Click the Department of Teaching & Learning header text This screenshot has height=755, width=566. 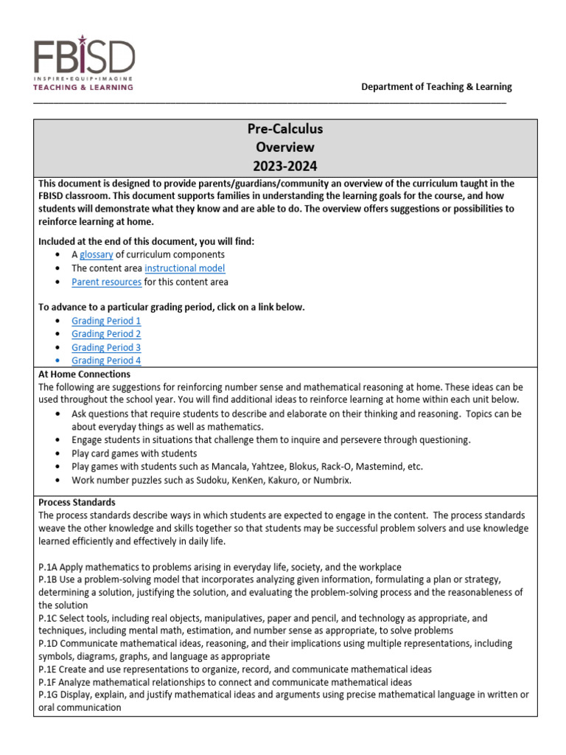(x=436, y=87)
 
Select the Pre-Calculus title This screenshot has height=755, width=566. (x=285, y=129)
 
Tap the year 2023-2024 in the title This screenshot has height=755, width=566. (x=285, y=166)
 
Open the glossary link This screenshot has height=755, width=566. (x=97, y=254)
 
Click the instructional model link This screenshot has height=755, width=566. (x=184, y=268)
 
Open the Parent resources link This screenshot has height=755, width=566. (x=106, y=282)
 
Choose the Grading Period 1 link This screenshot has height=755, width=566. (x=106, y=321)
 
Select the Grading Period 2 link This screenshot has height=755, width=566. (x=106, y=334)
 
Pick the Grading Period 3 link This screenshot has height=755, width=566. (x=106, y=347)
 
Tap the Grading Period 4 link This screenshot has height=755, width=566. (x=106, y=361)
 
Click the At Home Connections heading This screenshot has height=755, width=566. (x=84, y=375)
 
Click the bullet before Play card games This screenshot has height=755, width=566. (x=59, y=453)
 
